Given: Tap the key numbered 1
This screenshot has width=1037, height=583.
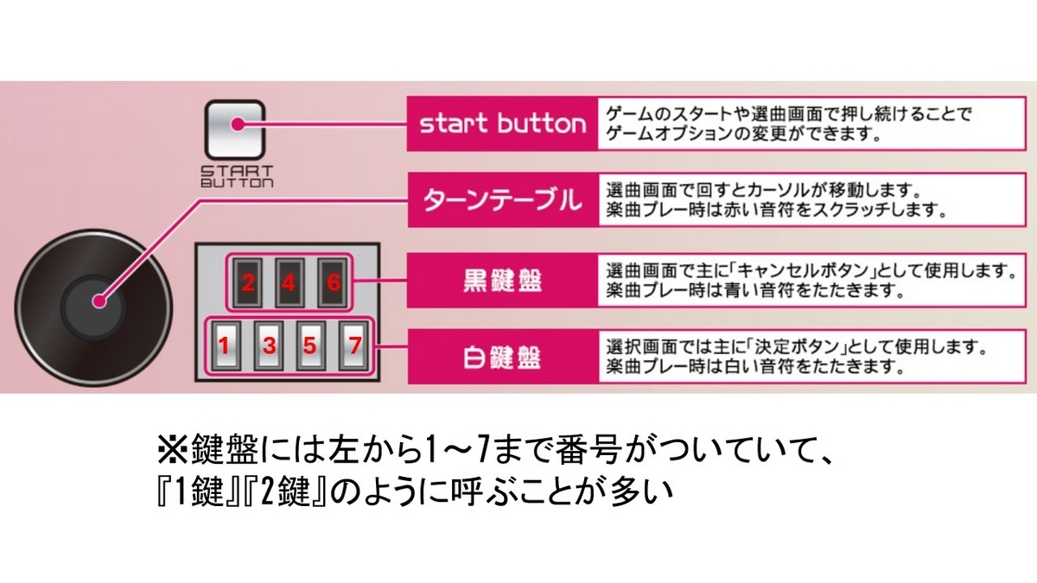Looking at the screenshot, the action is [224, 345].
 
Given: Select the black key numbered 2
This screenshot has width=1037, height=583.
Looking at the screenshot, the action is [247, 282].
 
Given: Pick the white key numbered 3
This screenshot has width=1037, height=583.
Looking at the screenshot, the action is [269, 345].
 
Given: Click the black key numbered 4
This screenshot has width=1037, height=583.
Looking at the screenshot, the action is [289, 282].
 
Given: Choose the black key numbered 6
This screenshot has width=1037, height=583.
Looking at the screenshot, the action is [330, 282].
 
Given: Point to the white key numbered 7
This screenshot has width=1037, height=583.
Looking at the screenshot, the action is [353, 345].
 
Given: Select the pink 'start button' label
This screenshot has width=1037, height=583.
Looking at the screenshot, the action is [502, 124].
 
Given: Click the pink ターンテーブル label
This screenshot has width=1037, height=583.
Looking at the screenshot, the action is [502, 201].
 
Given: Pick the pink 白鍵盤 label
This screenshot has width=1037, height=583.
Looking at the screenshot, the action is [502, 356].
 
